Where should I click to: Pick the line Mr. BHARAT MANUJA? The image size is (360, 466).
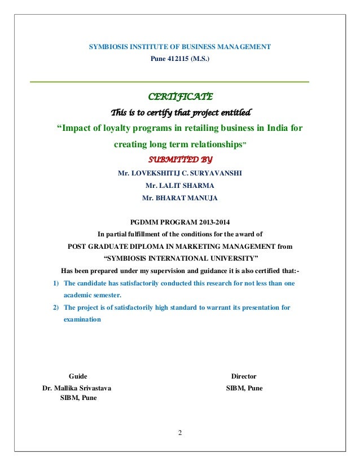[x=179, y=197]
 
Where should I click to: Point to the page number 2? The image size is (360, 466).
[x=179, y=433]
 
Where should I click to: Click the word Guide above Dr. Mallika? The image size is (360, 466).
[x=78, y=376]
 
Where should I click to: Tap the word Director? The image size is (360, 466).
[x=244, y=376]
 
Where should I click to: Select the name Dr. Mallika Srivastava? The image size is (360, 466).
[x=77, y=388]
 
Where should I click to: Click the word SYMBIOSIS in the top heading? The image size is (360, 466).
[x=109, y=46]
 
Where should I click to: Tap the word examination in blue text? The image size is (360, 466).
[x=82, y=319]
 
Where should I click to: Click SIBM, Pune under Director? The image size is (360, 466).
[x=244, y=388]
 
